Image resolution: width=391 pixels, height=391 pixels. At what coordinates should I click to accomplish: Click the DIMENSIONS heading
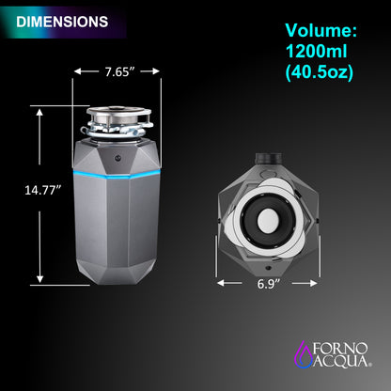[x=62, y=20]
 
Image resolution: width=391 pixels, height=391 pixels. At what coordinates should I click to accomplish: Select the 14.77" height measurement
[x=41, y=188]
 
